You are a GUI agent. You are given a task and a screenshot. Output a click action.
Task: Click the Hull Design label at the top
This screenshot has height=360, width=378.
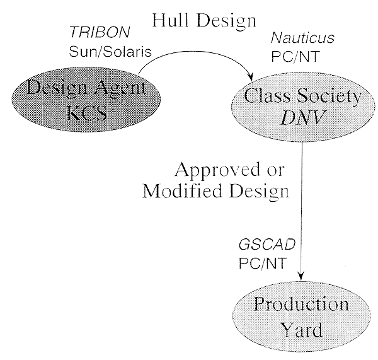click(204, 21)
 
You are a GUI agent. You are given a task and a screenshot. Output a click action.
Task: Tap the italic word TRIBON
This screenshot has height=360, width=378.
click(100, 32)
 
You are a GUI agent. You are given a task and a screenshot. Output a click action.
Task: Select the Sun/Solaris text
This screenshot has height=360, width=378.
click(110, 52)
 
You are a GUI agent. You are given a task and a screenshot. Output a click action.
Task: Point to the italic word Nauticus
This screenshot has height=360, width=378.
click(302, 38)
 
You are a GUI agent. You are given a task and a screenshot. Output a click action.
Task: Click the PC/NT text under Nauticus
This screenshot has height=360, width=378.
click(295, 56)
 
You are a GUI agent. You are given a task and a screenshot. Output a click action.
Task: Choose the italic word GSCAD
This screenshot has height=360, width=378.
click(267, 245)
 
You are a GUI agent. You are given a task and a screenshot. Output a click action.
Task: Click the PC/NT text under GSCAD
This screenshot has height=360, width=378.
click(263, 263)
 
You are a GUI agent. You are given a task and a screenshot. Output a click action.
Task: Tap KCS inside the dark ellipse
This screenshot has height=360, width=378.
click(86, 113)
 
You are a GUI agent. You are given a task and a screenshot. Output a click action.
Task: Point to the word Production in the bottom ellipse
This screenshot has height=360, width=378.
click(301, 303)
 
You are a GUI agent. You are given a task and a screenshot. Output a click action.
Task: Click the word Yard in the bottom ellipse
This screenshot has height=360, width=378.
click(302, 330)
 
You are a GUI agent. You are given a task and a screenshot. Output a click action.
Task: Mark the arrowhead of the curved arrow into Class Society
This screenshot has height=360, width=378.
click(251, 77)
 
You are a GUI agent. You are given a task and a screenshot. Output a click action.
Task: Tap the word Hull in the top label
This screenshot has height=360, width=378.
click(170, 20)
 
